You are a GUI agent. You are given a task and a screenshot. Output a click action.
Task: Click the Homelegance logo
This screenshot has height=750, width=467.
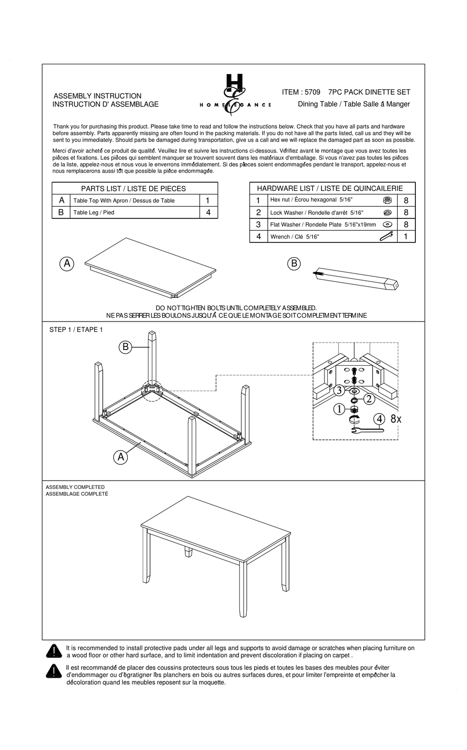coord(234,95)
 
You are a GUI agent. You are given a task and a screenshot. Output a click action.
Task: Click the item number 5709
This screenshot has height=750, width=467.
coord(312,92)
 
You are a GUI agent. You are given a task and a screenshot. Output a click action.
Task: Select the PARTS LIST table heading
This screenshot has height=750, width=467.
coord(134,188)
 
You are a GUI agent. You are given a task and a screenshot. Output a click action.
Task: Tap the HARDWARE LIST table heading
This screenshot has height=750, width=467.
coord(330,188)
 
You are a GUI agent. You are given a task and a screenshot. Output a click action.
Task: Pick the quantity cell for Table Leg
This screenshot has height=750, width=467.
coord(208,213)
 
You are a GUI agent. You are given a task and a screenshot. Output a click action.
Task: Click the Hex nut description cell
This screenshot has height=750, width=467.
coord(324,200)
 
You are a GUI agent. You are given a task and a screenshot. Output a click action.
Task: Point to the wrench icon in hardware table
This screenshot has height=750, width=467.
coord(386,237)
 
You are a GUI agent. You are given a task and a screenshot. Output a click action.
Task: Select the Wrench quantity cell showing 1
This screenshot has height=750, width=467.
coord(406,237)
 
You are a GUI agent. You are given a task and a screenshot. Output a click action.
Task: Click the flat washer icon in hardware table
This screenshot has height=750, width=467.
coord(387,224)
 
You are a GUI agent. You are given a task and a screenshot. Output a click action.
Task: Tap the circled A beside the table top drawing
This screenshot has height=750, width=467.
coord(67,264)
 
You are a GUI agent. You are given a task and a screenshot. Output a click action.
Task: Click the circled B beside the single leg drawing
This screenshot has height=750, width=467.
coord(294,264)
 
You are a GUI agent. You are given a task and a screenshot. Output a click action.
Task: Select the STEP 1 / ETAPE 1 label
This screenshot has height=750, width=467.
coord(76,329)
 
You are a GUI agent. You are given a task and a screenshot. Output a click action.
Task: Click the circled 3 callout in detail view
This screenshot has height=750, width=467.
coord(339,391)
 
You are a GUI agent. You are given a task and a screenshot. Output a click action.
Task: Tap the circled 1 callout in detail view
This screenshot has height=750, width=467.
coord(339,409)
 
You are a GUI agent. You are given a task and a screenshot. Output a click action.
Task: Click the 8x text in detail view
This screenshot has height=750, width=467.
coord(396,419)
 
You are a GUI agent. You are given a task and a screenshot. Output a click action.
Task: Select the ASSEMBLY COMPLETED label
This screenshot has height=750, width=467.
coord(75,487)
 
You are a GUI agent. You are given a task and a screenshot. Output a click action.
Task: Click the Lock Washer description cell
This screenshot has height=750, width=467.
coord(324,213)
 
